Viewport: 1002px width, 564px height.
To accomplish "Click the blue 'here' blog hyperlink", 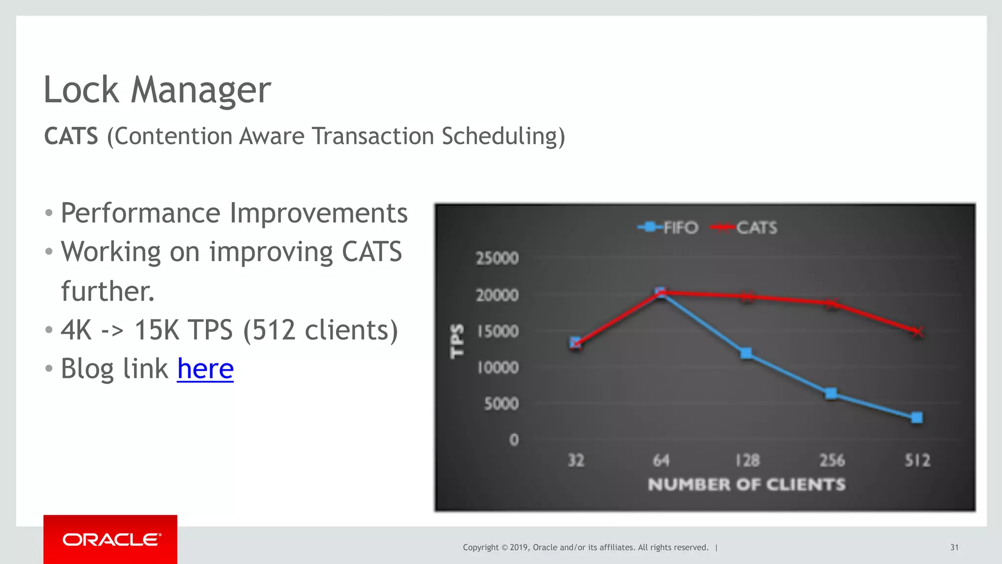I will pyautogui.click(x=205, y=369).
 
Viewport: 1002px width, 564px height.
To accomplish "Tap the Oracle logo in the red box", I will pyautogui.click(x=111, y=540).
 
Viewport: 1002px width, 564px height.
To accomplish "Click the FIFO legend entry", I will pyautogui.click(x=668, y=227).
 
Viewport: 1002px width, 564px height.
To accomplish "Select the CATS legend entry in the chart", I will pyautogui.click(x=744, y=227).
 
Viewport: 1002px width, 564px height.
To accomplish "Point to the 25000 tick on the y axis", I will pyautogui.click(x=497, y=258).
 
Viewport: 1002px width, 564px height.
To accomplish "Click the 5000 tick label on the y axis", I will pyautogui.click(x=501, y=404).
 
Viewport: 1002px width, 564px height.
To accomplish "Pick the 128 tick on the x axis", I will pyautogui.click(x=747, y=460).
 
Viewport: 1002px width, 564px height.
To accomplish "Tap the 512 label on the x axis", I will pyautogui.click(x=917, y=460).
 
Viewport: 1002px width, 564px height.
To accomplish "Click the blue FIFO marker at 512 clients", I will pyautogui.click(x=917, y=418).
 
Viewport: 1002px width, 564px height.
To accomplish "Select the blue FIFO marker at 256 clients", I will pyautogui.click(x=831, y=394).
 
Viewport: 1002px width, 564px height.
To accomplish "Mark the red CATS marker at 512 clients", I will pyautogui.click(x=917, y=332).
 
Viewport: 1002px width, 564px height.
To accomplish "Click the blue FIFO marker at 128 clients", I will pyautogui.click(x=746, y=353).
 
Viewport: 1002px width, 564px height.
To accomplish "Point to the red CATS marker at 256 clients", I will pyautogui.click(x=831, y=304).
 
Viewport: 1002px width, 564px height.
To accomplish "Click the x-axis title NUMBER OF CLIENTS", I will pyautogui.click(x=747, y=485).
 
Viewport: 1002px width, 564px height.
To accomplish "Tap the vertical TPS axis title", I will pyautogui.click(x=457, y=341).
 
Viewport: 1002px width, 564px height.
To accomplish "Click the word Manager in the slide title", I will pyautogui.click(x=201, y=90).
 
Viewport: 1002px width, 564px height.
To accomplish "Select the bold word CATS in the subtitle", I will pyautogui.click(x=71, y=136).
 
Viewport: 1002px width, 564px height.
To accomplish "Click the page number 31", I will pyautogui.click(x=954, y=547).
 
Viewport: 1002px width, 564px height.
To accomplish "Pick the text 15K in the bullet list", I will pyautogui.click(x=157, y=330).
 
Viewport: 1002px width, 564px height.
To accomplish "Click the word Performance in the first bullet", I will pyautogui.click(x=140, y=213).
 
